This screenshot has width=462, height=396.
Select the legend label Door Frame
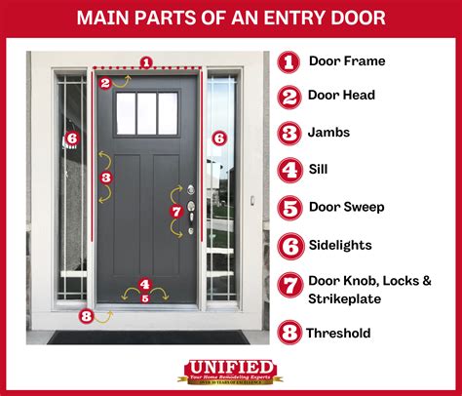347,60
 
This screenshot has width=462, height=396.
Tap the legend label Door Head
342,96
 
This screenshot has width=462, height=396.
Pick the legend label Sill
318,169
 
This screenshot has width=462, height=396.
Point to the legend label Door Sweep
346,207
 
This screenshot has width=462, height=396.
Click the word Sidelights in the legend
340,246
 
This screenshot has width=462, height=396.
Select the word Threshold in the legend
338,333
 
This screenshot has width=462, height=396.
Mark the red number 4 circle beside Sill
289,170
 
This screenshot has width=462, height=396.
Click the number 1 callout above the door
146,62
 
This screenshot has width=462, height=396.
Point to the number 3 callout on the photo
105,178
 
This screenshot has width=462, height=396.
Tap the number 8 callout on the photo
87,315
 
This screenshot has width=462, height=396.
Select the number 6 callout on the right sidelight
218,139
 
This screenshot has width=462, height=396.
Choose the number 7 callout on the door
175,211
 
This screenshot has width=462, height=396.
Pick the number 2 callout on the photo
104,83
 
